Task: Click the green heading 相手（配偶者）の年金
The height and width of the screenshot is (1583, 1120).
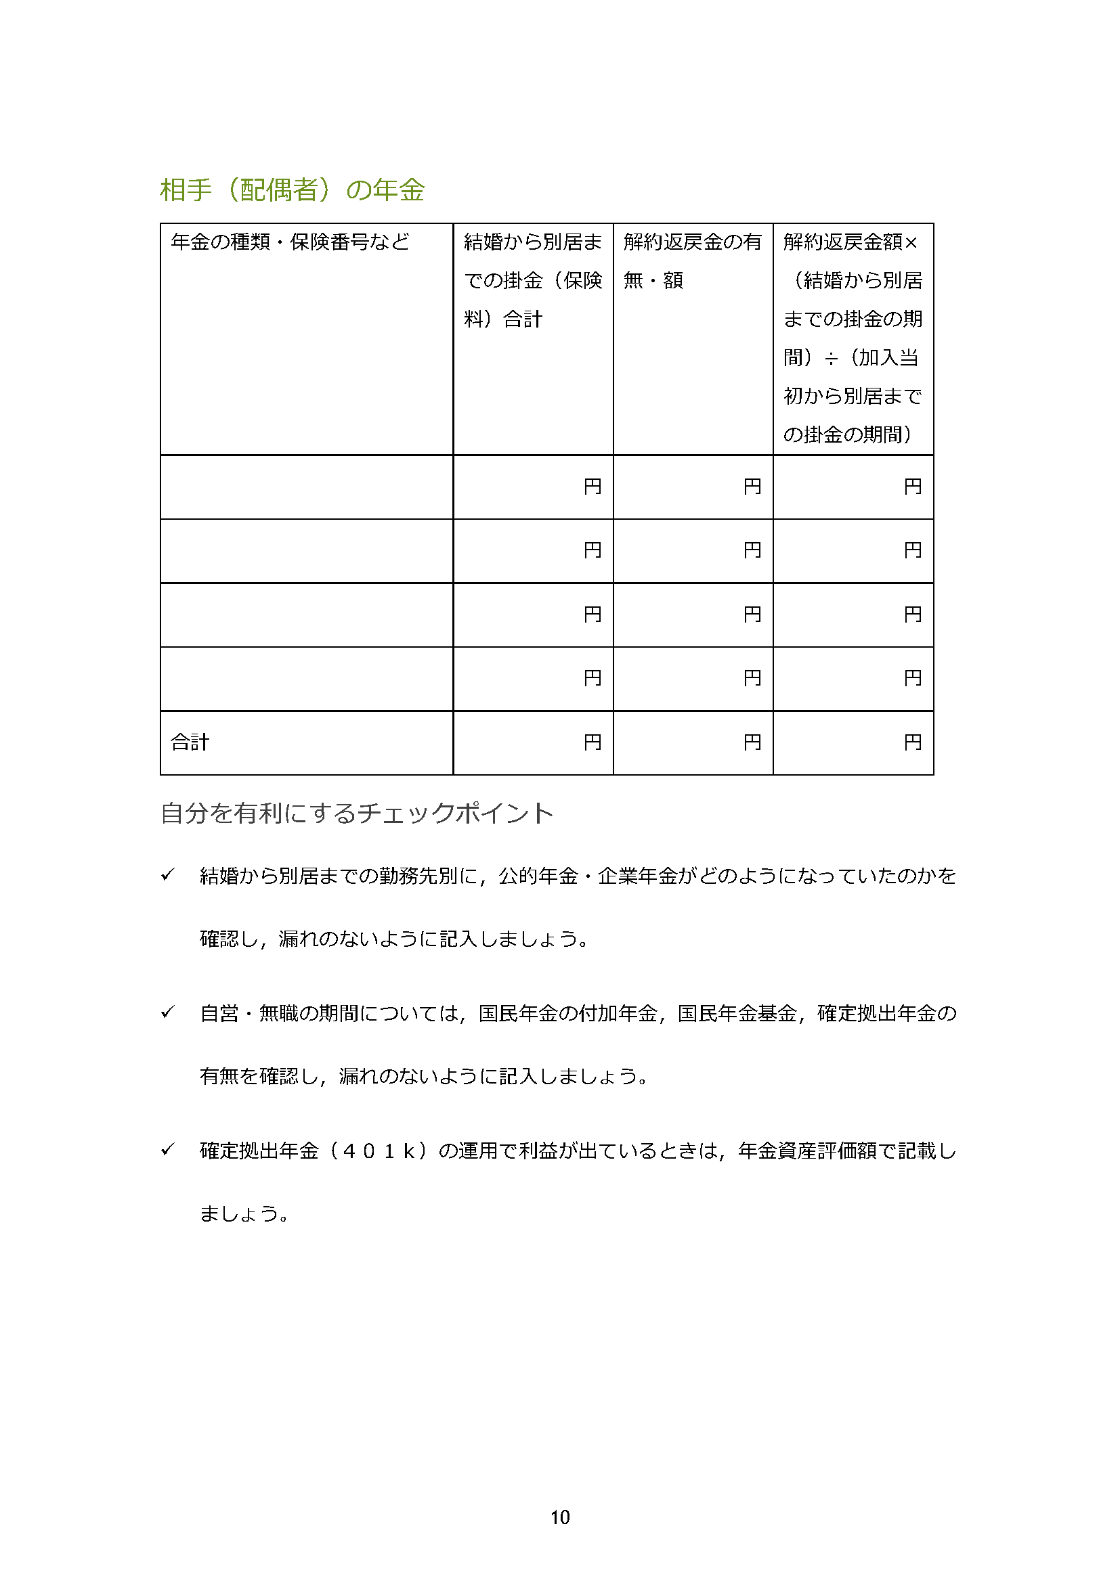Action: pyautogui.click(x=292, y=189)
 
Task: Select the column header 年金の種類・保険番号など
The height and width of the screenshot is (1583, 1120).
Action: pyautogui.click(x=290, y=242)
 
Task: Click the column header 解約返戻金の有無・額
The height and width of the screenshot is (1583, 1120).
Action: pyautogui.click(x=692, y=261)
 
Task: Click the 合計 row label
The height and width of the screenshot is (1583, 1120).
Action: pyautogui.click(x=190, y=742)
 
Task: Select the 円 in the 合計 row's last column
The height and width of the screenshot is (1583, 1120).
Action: pyautogui.click(x=911, y=742)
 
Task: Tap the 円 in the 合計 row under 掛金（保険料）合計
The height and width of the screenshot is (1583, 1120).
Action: pyautogui.click(x=592, y=742)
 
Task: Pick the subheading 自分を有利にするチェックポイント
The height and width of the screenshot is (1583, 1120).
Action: pyautogui.click(x=357, y=813)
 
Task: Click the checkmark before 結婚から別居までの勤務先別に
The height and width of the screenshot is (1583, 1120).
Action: pyautogui.click(x=167, y=875)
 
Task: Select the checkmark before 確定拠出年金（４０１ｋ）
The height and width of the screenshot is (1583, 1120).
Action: pyautogui.click(x=167, y=1149)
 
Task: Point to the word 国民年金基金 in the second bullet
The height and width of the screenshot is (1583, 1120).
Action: pyautogui.click(x=737, y=1014)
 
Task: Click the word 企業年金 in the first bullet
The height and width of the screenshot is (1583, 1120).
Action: pyautogui.click(x=637, y=876)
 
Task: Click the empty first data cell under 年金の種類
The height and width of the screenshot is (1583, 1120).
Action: pyautogui.click(x=306, y=487)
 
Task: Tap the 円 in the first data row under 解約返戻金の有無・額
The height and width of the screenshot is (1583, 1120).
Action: pyautogui.click(x=752, y=487)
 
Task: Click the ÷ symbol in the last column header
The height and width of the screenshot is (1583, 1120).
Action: pyautogui.click(x=831, y=359)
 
